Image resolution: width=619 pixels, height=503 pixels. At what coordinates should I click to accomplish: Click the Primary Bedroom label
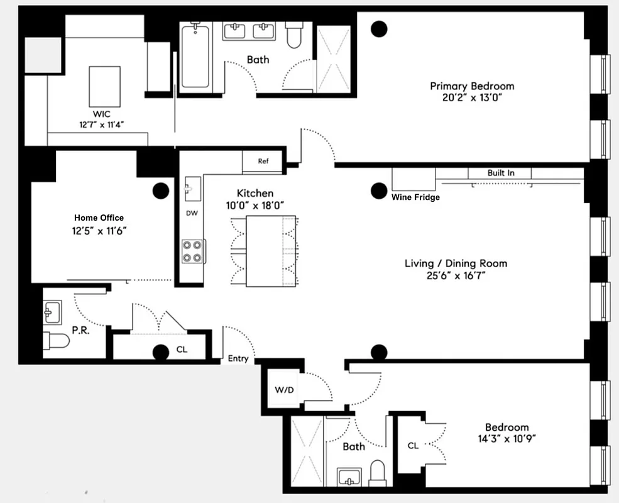[x=471, y=86]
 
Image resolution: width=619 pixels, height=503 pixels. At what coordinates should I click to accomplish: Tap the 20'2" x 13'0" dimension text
[x=471, y=98]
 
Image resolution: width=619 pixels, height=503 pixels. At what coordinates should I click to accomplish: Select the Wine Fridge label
[x=415, y=197]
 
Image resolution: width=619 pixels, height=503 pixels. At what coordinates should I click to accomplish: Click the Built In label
[x=500, y=173]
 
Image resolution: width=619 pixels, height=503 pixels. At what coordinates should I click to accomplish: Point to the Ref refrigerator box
[x=263, y=162]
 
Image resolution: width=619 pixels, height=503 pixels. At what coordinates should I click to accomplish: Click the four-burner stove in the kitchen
[x=192, y=251]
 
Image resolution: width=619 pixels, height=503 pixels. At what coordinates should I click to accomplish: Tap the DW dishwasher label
[x=192, y=213]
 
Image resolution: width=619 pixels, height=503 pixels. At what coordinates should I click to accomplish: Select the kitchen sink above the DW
[x=191, y=187]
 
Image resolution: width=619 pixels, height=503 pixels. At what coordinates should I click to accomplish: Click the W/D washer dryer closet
[x=284, y=390]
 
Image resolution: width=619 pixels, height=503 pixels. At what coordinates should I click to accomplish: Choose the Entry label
[x=238, y=359]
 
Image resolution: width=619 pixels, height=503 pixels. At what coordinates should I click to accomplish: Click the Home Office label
[x=99, y=218]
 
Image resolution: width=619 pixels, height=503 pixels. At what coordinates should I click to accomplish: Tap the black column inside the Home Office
[x=160, y=190]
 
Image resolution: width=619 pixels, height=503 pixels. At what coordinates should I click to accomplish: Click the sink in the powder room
[x=53, y=310]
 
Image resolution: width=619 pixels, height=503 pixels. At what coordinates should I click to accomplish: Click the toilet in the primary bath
[x=294, y=36]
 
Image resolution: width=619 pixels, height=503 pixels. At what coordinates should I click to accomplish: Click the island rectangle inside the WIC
[x=105, y=86]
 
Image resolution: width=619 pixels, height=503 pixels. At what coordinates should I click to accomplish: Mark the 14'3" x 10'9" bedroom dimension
[x=506, y=439]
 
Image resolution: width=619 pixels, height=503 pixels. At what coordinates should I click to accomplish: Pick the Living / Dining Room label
[x=455, y=263]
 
